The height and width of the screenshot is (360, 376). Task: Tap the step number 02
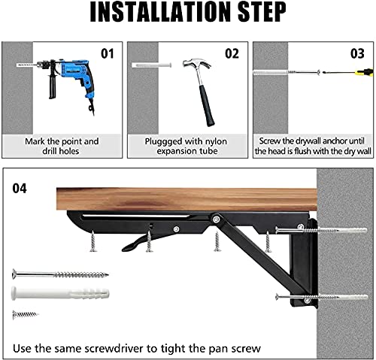coord(232,53)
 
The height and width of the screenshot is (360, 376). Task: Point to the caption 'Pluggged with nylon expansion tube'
coord(185,145)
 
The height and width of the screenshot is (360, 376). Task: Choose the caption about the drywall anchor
coord(312,145)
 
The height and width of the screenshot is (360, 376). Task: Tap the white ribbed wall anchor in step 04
coord(60,292)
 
